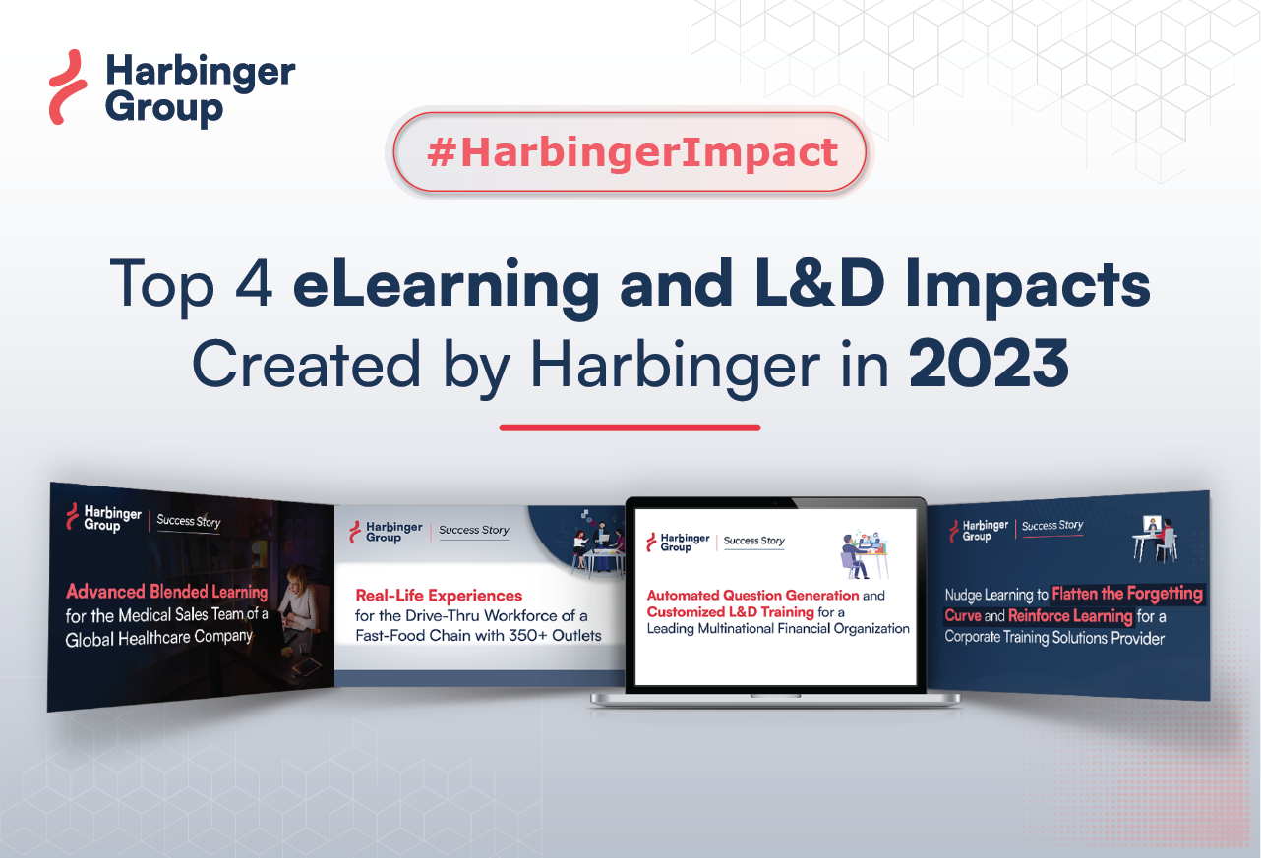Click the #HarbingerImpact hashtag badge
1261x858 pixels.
pos(630,152)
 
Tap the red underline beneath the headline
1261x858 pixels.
pos(630,428)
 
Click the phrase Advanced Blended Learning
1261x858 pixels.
pos(166,592)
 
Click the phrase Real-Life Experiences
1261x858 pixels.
pos(439,596)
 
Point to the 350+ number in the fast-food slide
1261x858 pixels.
pos(511,635)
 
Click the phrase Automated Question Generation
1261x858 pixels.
pos(752,596)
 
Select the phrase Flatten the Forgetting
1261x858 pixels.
pos(1127,594)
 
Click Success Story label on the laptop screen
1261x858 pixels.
pos(754,541)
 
